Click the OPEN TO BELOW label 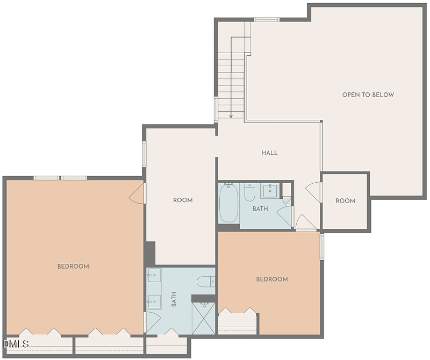tap(368, 95)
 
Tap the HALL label tap(269, 153)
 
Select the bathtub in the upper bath tap(229, 203)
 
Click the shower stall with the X tap(204, 318)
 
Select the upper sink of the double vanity tap(154, 275)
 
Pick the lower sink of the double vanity tap(154, 302)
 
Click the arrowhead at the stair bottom tap(231, 116)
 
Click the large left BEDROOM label tap(73, 267)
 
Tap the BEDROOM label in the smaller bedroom tap(272, 279)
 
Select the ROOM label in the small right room tap(345, 201)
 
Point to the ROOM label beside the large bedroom tap(183, 200)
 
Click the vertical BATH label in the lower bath tap(174, 299)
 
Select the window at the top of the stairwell tap(266, 20)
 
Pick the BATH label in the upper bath tap(260, 209)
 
